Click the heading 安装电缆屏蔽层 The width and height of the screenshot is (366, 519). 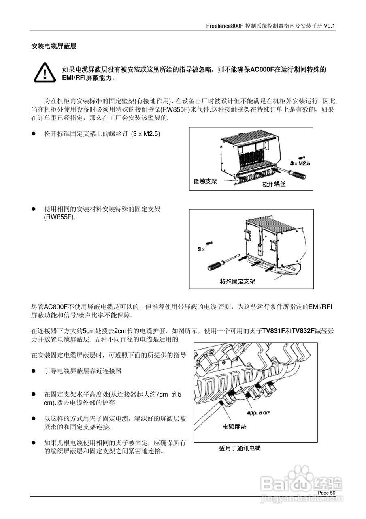coord(54,47)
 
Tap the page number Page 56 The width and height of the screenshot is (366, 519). coord(327,492)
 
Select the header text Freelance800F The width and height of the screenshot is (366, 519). coord(225,26)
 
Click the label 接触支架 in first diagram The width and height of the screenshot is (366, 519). coord(205,181)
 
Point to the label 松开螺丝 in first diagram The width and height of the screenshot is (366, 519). coord(274,184)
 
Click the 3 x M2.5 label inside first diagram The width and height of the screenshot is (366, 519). coord(300,163)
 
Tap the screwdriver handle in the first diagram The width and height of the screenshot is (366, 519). coord(299,175)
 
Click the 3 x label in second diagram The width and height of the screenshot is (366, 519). coord(201,249)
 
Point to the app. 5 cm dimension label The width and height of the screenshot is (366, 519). coord(259,413)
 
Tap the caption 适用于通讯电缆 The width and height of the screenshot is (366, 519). coord(240,448)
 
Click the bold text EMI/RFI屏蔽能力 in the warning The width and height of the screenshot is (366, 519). coord(86,77)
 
